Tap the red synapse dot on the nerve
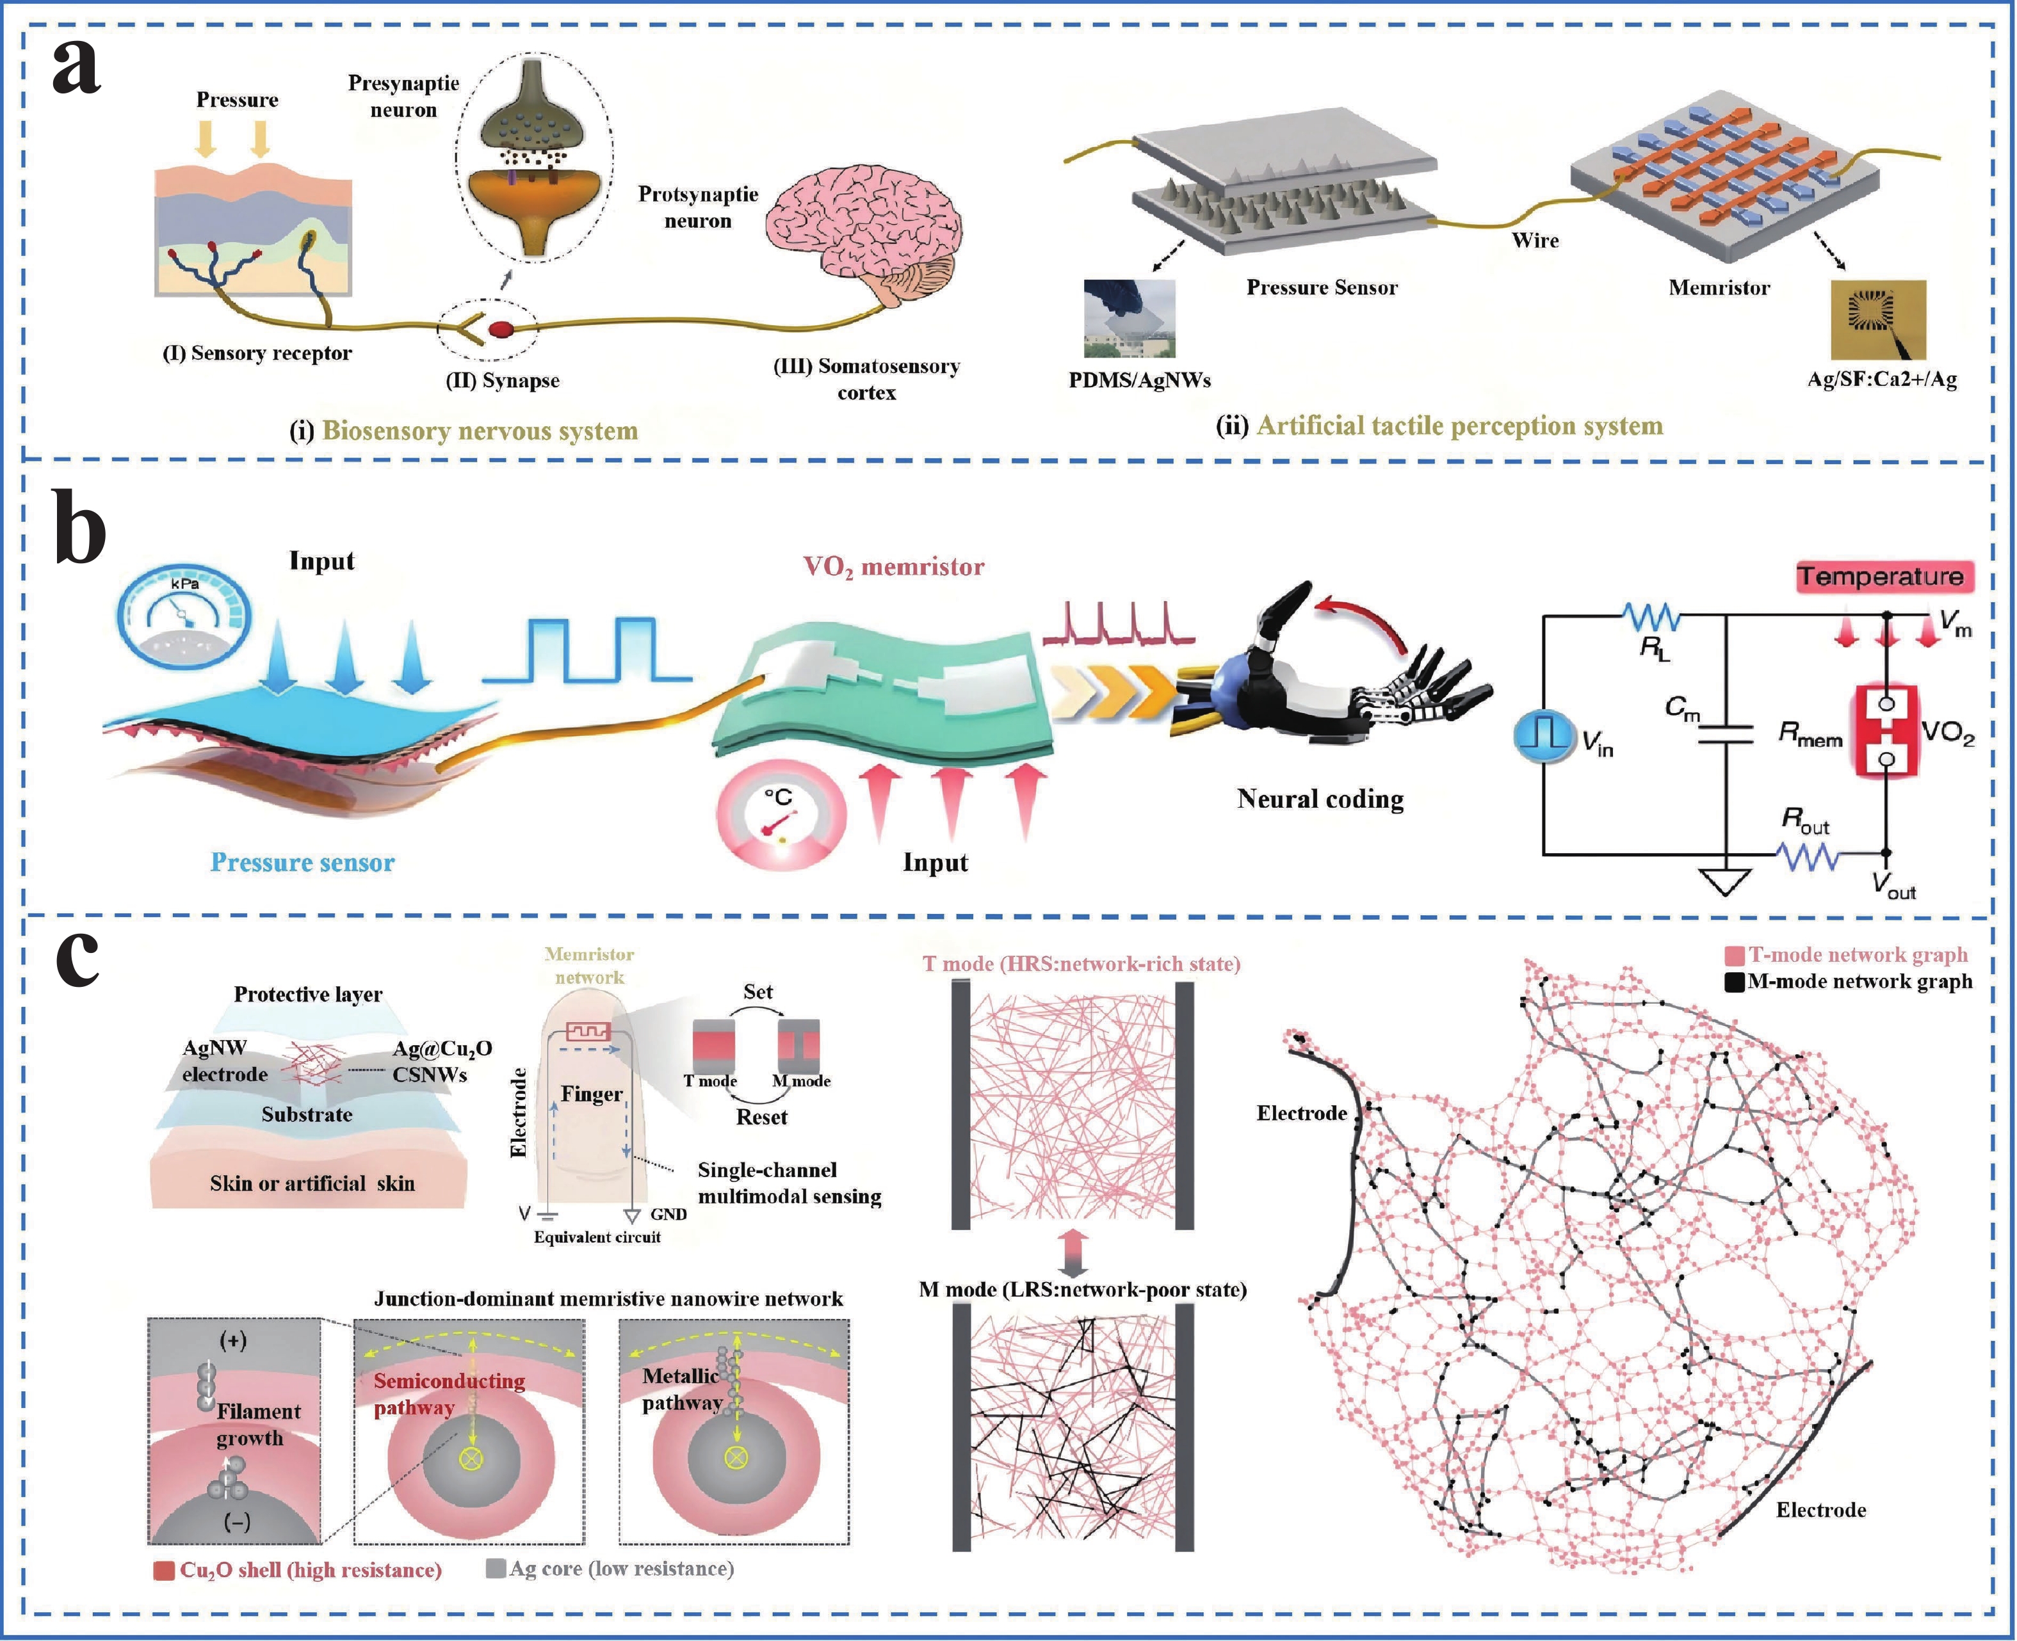[501, 329]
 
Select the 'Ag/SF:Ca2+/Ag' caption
[1882, 379]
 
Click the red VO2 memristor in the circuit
[1886, 732]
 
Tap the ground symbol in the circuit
[1726, 881]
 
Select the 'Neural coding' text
[1320, 799]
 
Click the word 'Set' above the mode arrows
[757, 991]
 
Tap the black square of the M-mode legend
[1734, 982]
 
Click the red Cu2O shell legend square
[163, 1570]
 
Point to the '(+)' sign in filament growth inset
[232, 1340]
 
